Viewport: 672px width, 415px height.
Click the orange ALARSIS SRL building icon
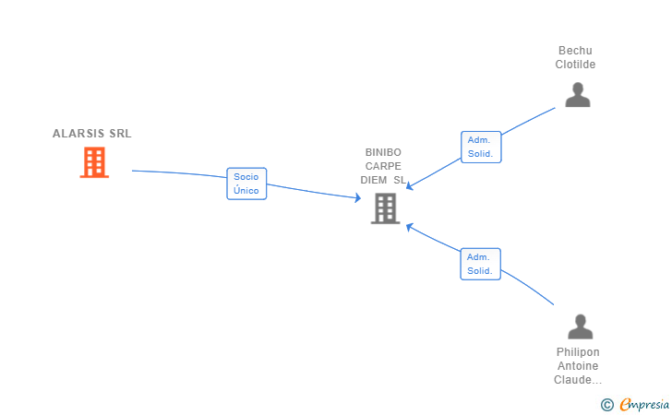[94, 162]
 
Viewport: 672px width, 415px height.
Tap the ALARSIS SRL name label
[92, 134]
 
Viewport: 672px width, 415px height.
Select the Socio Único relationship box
[246, 184]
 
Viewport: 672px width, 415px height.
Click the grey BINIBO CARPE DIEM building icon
[384, 208]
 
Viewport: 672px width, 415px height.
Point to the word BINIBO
[383, 152]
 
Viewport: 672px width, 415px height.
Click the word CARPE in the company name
[383, 166]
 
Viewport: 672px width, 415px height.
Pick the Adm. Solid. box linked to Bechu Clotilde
[480, 147]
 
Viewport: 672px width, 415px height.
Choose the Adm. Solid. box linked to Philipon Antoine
[480, 264]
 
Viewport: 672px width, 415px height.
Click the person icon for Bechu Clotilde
[578, 95]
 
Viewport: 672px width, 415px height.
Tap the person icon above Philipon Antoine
[580, 326]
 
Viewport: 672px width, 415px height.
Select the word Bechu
[575, 51]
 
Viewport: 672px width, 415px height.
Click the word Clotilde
[575, 65]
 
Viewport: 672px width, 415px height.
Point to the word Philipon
[578, 352]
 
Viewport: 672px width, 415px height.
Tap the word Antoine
[578, 366]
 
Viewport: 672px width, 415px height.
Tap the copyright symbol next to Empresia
[606, 404]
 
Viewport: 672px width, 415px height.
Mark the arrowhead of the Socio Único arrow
[356, 197]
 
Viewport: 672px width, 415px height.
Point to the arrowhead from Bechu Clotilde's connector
[410, 186]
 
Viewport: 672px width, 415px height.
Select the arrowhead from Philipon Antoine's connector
[410, 227]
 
